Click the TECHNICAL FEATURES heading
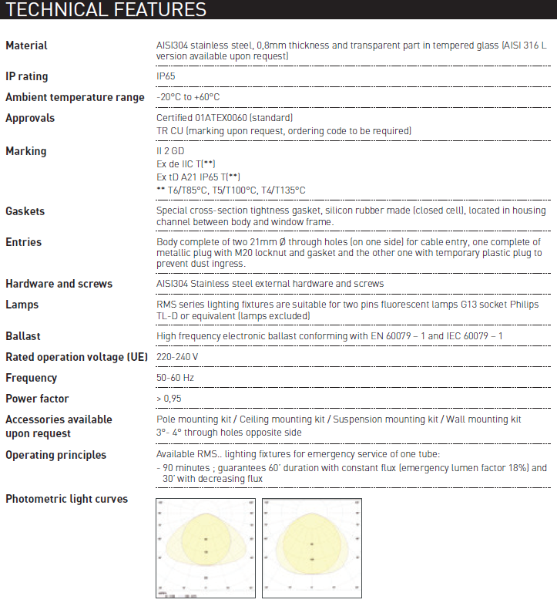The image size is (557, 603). [106, 10]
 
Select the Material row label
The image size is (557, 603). [26, 45]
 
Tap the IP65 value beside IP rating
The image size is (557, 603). [166, 76]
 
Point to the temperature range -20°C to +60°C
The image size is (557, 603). [188, 97]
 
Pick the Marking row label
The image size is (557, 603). [25, 151]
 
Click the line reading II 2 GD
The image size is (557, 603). [170, 151]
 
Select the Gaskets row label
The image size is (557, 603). [25, 211]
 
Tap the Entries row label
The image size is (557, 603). [23, 242]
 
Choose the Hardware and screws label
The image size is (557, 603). [59, 284]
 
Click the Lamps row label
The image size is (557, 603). [22, 305]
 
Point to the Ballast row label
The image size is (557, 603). [23, 337]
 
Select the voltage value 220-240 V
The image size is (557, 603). [177, 357]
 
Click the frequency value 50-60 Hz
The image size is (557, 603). [176, 378]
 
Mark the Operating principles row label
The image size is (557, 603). [55, 455]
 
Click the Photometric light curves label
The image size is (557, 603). [66, 499]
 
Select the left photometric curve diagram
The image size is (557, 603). [206, 547]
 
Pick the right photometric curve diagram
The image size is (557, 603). [311, 547]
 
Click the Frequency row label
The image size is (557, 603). [31, 378]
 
